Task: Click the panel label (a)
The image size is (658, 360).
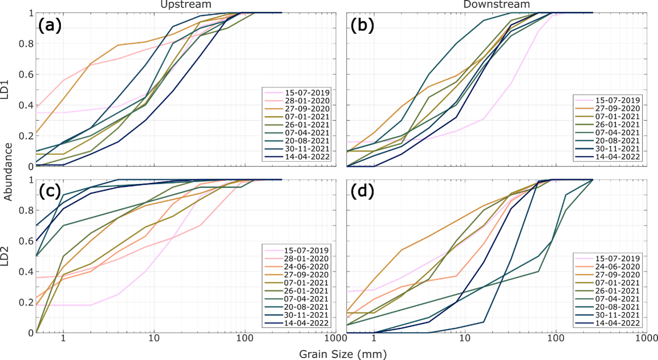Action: coord(50,25)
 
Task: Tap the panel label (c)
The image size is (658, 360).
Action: coord(50,192)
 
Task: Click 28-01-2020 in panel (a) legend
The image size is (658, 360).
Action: coord(304,101)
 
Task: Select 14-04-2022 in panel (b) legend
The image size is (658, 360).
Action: coord(615,156)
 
